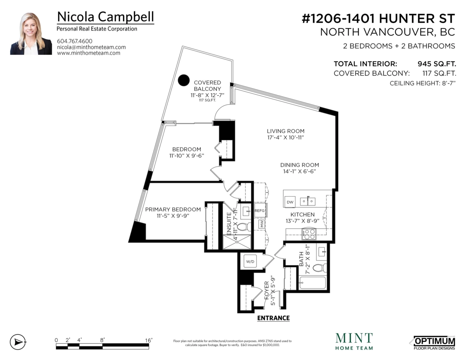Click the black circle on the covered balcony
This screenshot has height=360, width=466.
click(184, 80)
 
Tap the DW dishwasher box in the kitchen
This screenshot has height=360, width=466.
click(290, 202)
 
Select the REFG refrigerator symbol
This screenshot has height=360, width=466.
click(260, 210)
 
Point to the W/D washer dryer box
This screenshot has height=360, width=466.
click(250, 262)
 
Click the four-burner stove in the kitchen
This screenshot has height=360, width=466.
click(309, 234)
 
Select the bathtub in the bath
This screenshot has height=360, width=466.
click(313, 283)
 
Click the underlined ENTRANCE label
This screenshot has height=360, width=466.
click(273, 318)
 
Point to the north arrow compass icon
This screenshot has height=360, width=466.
click(18, 342)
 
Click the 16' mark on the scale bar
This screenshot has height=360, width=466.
click(148, 341)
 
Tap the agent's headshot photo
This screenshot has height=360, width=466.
click(31, 34)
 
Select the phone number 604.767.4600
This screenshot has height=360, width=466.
click(75, 41)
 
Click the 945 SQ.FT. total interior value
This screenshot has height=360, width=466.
click(436, 64)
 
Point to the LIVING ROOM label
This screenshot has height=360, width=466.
click(286, 131)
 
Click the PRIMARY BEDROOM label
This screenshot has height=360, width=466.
click(173, 209)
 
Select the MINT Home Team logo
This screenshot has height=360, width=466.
click(354, 342)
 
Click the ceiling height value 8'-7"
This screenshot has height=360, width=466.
click(449, 83)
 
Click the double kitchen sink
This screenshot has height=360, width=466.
click(308, 201)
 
